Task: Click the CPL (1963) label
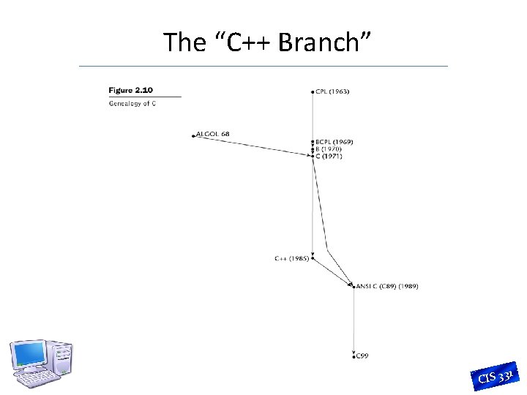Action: (333, 91)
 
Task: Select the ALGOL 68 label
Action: (213, 134)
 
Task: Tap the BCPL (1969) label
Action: (334, 141)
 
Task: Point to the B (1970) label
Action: (329, 148)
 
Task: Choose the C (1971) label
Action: (329, 156)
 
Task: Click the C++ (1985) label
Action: (291, 258)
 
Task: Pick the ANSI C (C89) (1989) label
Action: (387, 286)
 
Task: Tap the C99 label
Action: (362, 355)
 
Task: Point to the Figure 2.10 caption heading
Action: (131, 90)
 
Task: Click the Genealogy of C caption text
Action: (132, 103)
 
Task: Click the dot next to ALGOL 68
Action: (194, 135)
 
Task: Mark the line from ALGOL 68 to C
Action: (253, 145)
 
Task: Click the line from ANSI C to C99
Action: (354, 322)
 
